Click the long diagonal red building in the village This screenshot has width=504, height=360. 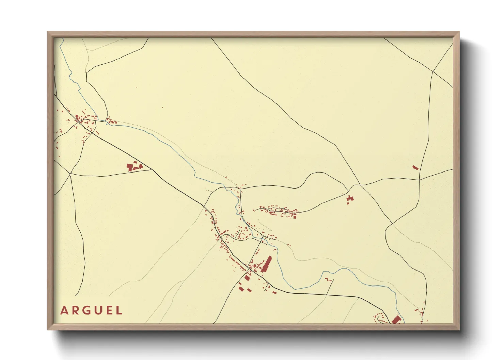click(x=267, y=264)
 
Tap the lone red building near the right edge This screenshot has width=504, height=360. click(x=415, y=168)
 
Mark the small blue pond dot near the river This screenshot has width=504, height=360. click(x=107, y=124)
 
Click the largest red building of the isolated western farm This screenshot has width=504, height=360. click(x=130, y=167)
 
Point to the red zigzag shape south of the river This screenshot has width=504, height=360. click(x=328, y=280)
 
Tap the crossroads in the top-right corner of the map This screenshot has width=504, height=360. click(x=433, y=72)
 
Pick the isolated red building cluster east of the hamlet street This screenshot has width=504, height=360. click(x=350, y=199)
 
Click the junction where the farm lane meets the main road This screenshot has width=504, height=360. click(x=151, y=169)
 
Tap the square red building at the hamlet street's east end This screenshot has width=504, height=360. click(x=295, y=216)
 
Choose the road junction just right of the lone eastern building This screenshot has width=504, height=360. click(x=419, y=179)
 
